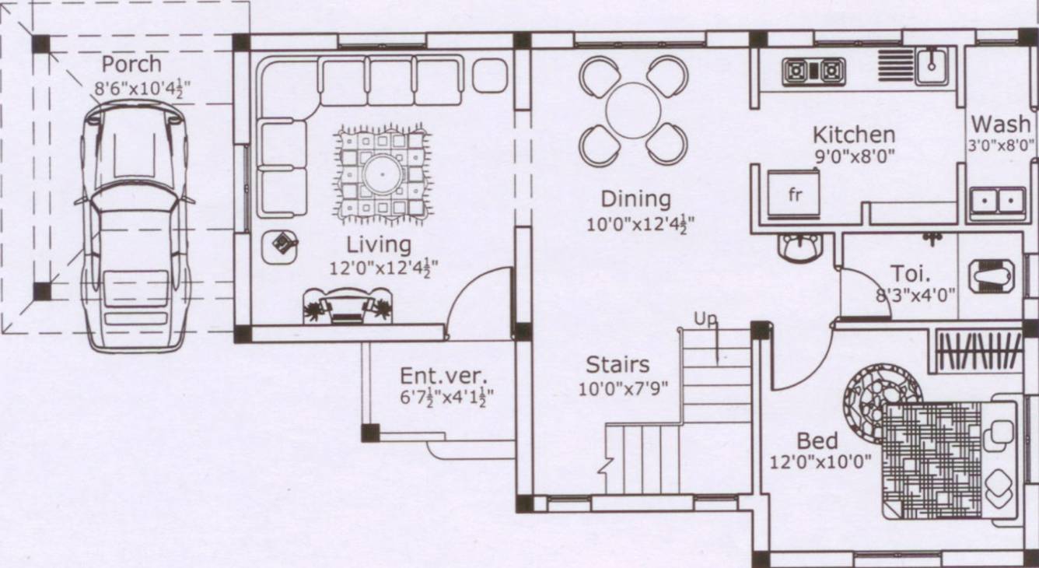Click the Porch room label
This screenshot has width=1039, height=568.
tap(131, 64)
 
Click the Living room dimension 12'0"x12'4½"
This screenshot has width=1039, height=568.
tap(383, 268)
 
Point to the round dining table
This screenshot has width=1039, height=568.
tap(633, 110)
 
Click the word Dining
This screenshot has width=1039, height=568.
tap(635, 199)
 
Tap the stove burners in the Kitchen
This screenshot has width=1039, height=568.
tap(813, 72)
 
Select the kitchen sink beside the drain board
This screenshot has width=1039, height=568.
tap(929, 65)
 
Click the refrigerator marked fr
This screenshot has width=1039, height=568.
tap(794, 195)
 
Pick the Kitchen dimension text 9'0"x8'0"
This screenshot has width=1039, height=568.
tap(854, 156)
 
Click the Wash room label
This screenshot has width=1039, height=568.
tap(1000, 124)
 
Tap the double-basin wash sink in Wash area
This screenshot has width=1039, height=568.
tap(995, 201)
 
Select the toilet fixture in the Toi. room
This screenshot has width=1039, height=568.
tap(992, 275)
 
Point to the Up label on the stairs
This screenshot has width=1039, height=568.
tap(705, 319)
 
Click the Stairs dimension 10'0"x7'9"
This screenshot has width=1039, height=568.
tap(623, 388)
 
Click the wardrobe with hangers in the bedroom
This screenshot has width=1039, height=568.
tap(978, 351)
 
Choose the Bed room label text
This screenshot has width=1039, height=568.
tap(817, 441)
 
